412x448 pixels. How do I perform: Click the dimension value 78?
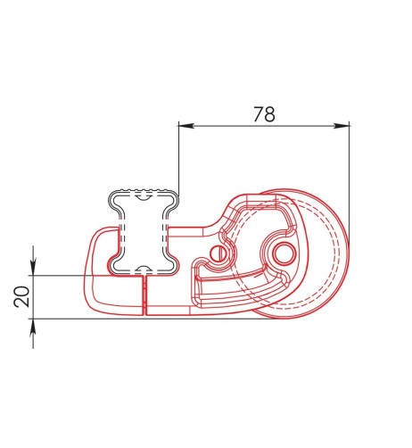click(x=263, y=114)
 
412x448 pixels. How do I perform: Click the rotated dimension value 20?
click(x=21, y=296)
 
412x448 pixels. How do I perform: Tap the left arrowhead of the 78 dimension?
click(x=184, y=126)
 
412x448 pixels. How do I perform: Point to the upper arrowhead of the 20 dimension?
click(x=33, y=268)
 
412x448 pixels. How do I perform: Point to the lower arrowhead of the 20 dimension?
click(x=33, y=327)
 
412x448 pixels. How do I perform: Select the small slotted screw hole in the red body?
click(x=219, y=253)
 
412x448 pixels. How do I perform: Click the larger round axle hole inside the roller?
click(x=286, y=253)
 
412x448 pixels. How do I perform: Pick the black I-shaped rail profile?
click(x=141, y=232)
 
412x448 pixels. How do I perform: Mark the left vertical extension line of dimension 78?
click(x=178, y=170)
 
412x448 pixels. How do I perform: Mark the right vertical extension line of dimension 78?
click(x=349, y=178)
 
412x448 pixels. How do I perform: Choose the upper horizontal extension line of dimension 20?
click(x=71, y=275)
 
